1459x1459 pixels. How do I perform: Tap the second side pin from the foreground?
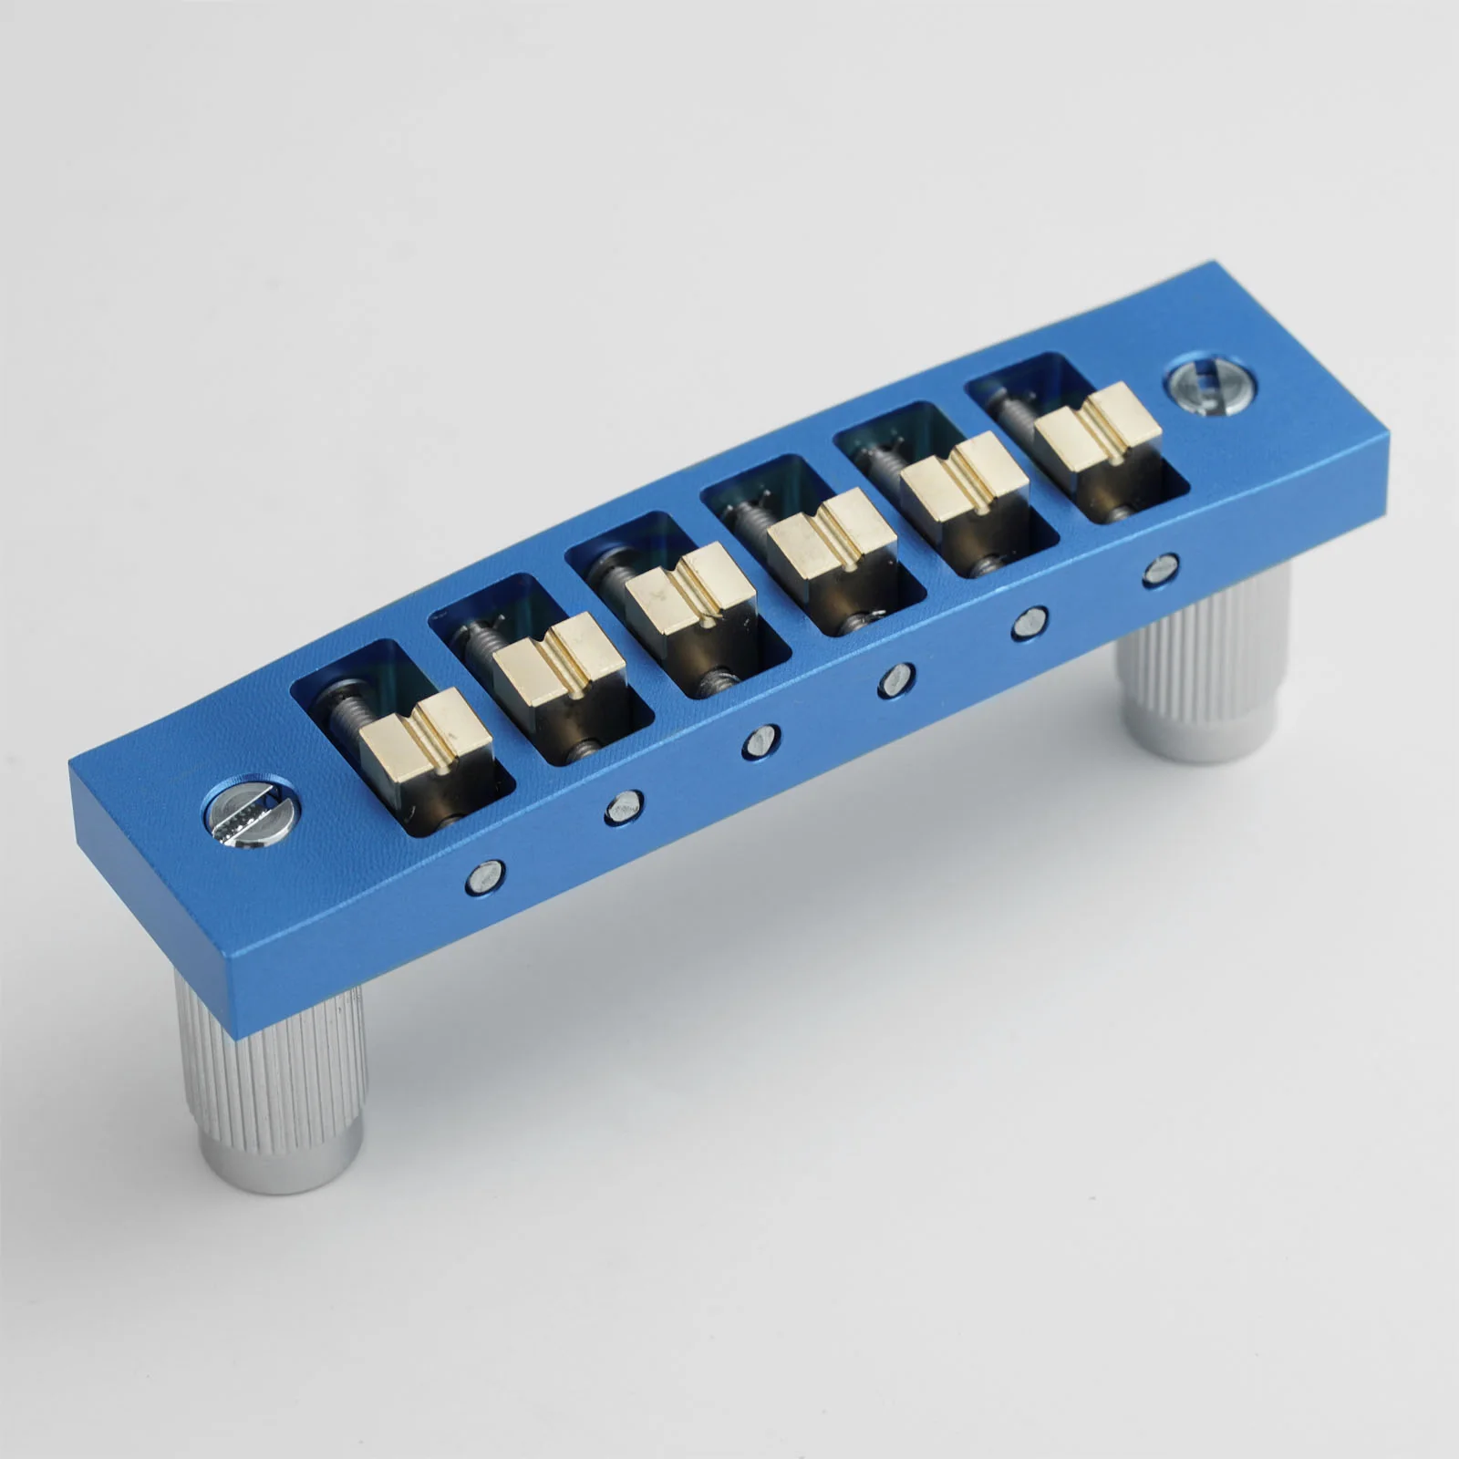coord(625,807)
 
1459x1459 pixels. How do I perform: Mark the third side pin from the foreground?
coord(761,741)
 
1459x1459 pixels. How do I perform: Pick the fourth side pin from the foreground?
coord(897,680)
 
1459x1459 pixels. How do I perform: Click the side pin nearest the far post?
coord(1159,569)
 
